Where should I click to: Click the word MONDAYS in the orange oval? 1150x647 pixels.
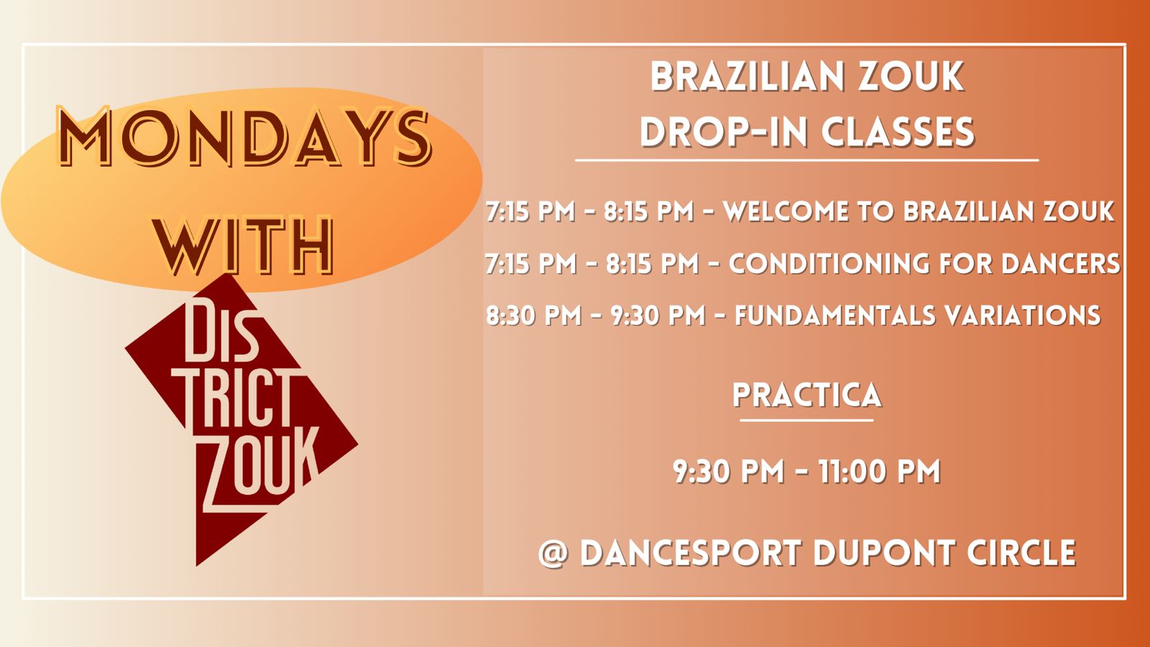[x=244, y=136]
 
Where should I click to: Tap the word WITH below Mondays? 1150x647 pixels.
[x=244, y=245]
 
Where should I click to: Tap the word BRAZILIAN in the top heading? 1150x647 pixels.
[x=747, y=77]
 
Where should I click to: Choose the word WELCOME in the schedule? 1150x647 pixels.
[x=786, y=211]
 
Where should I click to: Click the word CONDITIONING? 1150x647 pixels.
[x=829, y=263]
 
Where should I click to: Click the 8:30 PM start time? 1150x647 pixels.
[x=534, y=315]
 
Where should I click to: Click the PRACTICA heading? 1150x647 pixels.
[x=807, y=395]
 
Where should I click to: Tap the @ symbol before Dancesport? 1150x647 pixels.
[x=553, y=553]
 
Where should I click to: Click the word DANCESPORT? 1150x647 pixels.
[x=691, y=553]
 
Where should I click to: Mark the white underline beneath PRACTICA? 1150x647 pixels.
[x=806, y=421]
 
